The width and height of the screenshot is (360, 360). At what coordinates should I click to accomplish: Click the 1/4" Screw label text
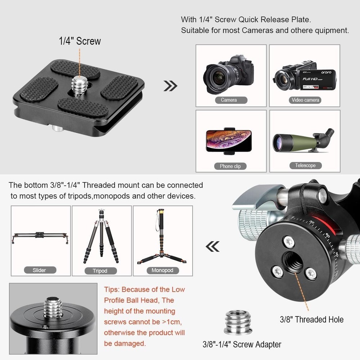(80, 41)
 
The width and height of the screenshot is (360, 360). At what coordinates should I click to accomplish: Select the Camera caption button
(229, 100)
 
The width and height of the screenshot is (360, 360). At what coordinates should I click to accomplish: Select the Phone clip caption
(230, 166)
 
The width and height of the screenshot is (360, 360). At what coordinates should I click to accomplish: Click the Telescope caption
(305, 166)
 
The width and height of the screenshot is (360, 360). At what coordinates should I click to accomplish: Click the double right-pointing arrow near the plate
(170, 86)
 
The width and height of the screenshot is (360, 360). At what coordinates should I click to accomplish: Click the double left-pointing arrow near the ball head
(212, 246)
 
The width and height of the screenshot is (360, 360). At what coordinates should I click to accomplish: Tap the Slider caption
(39, 270)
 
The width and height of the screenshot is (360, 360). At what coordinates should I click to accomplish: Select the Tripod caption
(100, 271)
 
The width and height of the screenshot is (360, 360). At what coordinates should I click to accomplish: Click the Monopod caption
(162, 270)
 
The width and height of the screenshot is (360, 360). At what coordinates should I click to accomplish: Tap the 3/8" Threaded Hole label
(311, 319)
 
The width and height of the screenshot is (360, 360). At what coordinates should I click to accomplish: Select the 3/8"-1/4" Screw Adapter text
(242, 344)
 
